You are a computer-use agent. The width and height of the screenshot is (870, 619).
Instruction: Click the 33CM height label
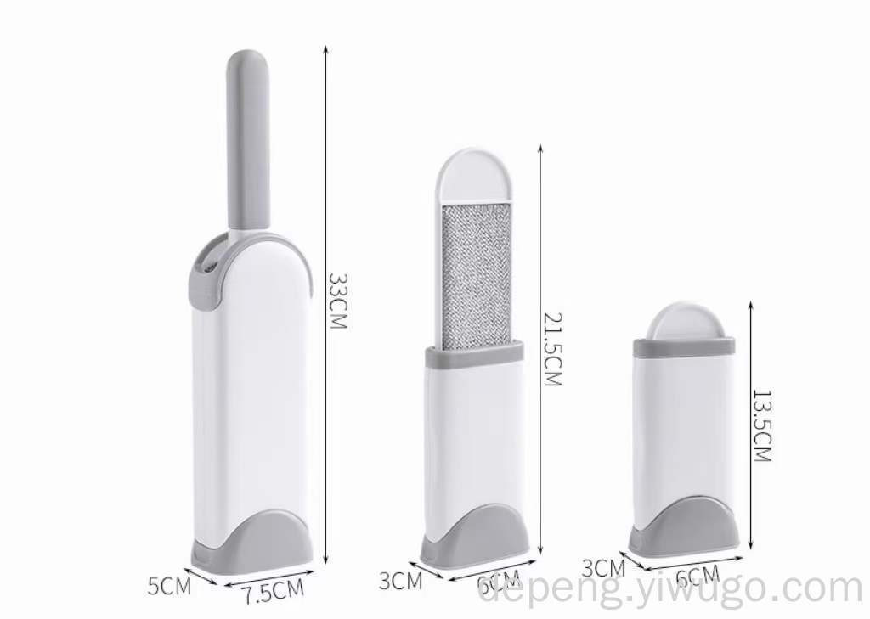[x=338, y=301]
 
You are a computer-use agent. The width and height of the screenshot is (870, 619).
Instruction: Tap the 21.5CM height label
[x=552, y=350]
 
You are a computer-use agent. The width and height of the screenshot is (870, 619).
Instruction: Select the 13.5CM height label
[x=762, y=426]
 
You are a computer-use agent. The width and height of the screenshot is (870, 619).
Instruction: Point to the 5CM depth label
[x=169, y=586]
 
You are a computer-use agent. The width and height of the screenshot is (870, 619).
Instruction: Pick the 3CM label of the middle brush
[x=401, y=581]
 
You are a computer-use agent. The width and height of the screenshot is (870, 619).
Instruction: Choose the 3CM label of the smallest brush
[x=604, y=568]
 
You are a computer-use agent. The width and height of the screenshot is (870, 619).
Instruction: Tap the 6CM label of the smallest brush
[x=698, y=577]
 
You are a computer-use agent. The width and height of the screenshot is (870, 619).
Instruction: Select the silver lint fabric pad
[x=476, y=277]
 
